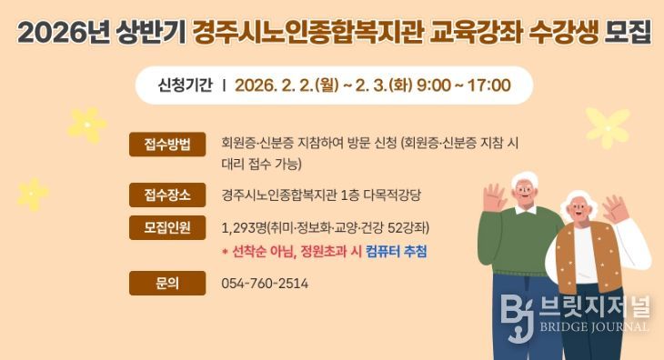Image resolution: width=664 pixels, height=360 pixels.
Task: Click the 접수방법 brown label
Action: pos(167,144)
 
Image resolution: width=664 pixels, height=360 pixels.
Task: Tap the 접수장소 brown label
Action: pos(167,195)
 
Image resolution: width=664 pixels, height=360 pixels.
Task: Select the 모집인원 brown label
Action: pos(167,227)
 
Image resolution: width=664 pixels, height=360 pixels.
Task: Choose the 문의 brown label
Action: pos(167,283)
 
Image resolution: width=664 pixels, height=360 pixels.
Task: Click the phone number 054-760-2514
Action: pos(265,284)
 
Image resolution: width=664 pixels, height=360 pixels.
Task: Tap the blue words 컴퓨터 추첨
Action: pos(397,252)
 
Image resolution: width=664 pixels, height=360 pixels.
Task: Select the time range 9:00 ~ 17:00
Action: pos(464,85)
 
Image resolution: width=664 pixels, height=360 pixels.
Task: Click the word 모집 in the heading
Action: pos(629,34)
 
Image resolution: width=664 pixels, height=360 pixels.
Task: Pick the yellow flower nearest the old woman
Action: pos(608,126)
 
